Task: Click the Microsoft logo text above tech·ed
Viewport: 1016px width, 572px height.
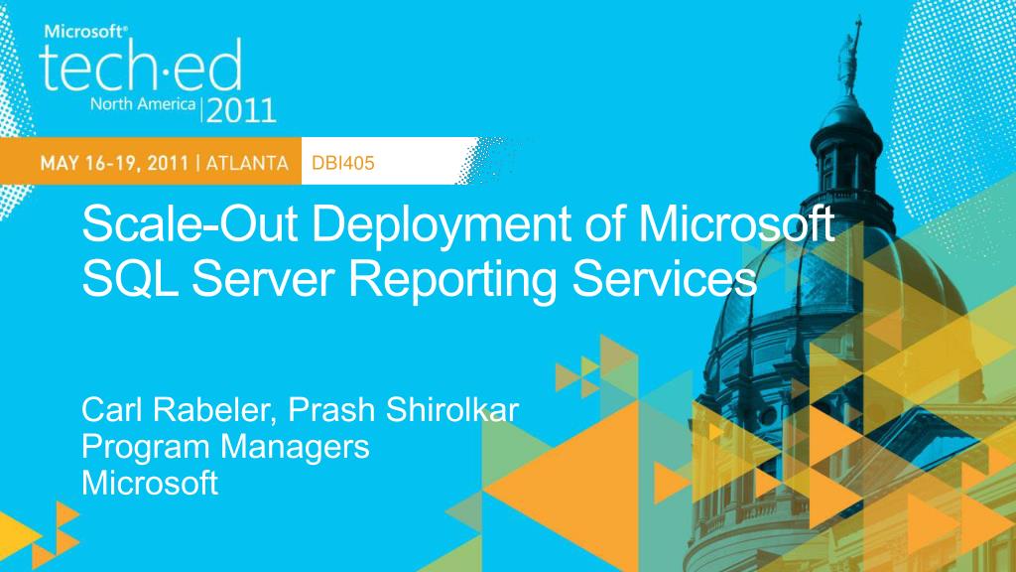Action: [84, 30]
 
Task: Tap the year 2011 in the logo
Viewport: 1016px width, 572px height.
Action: [241, 108]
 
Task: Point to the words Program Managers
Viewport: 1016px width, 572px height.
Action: [225, 447]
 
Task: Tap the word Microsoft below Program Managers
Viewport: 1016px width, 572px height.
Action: [150, 484]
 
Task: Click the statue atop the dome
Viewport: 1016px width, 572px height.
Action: [850, 50]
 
